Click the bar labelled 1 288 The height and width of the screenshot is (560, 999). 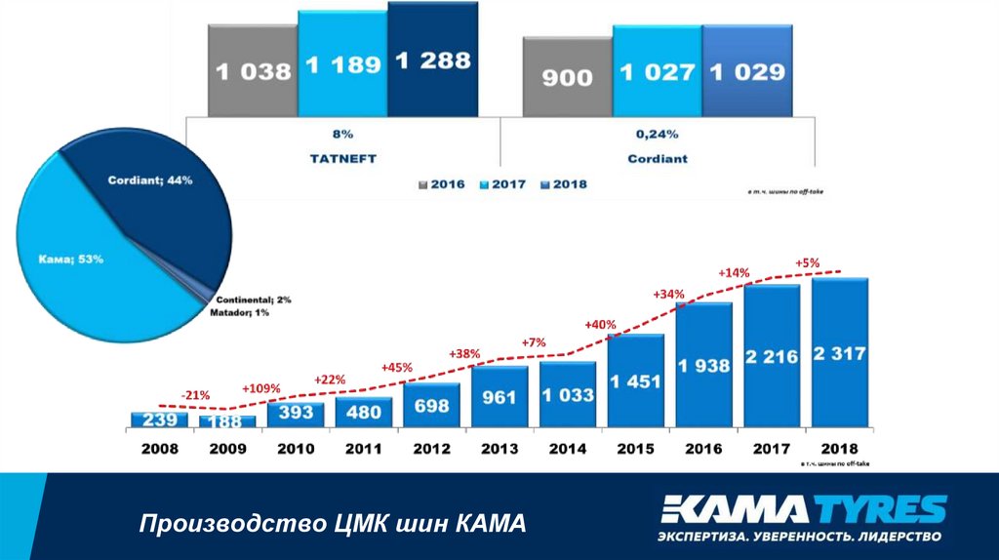pos(432,60)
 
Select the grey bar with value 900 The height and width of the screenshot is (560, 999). pos(567,77)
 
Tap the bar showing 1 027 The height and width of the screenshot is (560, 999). pos(656,72)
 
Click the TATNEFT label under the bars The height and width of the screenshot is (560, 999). pos(341,157)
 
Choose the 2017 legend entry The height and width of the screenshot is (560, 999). pos(507,183)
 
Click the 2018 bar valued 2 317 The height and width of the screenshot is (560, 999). pos(839,353)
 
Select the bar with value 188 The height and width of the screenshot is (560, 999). pos(227,421)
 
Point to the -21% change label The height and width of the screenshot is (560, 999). pos(195,394)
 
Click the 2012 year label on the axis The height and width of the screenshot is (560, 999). pos(430,449)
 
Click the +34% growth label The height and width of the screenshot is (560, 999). pos(669,294)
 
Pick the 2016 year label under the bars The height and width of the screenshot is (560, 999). pos(703,449)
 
